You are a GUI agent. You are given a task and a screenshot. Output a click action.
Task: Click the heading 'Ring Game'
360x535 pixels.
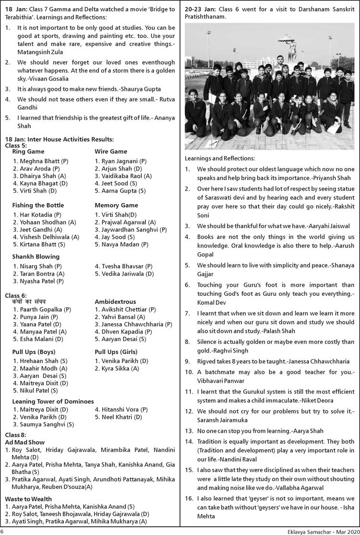coord(28,152)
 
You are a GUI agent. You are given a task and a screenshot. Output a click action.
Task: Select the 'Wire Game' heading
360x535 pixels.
coord(111,152)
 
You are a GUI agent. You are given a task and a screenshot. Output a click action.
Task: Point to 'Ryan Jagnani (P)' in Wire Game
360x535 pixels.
coord(120,161)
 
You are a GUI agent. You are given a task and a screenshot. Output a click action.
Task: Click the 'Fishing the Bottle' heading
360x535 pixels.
coord(38,205)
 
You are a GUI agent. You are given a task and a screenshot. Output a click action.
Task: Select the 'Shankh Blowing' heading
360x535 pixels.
coord(36,256)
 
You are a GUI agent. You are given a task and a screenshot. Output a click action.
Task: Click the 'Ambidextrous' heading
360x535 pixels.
coord(115,302)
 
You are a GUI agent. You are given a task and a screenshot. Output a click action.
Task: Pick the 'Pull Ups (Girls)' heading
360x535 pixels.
coord(116,352)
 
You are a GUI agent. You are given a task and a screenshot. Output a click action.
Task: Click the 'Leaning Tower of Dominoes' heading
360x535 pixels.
coord(53,401)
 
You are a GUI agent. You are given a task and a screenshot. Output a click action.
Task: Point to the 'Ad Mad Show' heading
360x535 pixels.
coord(24,442)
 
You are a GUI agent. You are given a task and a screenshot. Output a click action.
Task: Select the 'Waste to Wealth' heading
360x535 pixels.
coord(28,499)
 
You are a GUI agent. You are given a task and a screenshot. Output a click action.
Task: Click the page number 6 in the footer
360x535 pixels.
coord(2,531)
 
